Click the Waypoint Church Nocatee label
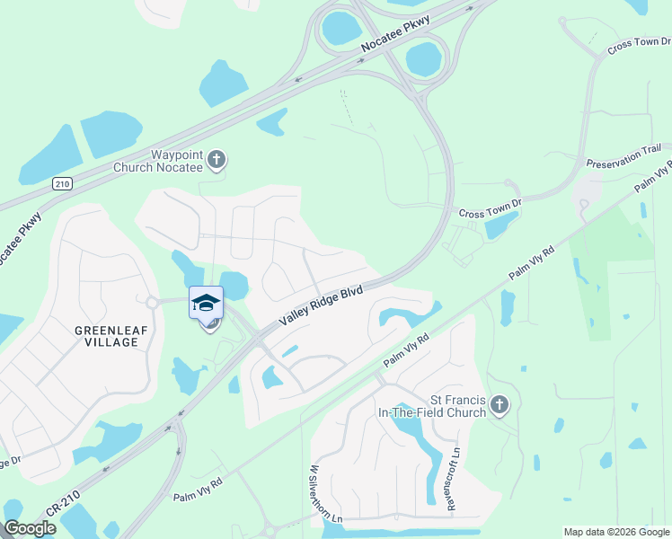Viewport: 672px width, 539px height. [159, 160]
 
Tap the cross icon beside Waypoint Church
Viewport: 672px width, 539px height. [216, 161]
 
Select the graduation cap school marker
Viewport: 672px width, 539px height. [206, 302]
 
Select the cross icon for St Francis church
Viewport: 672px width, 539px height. [500, 406]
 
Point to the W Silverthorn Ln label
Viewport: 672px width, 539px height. [314, 493]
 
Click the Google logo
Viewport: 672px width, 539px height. [30, 528]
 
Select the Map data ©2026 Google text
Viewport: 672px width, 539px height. [616, 532]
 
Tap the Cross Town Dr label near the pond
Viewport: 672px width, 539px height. [490, 210]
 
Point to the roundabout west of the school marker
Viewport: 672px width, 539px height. [152, 303]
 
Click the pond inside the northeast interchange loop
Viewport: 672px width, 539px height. [422, 59]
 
